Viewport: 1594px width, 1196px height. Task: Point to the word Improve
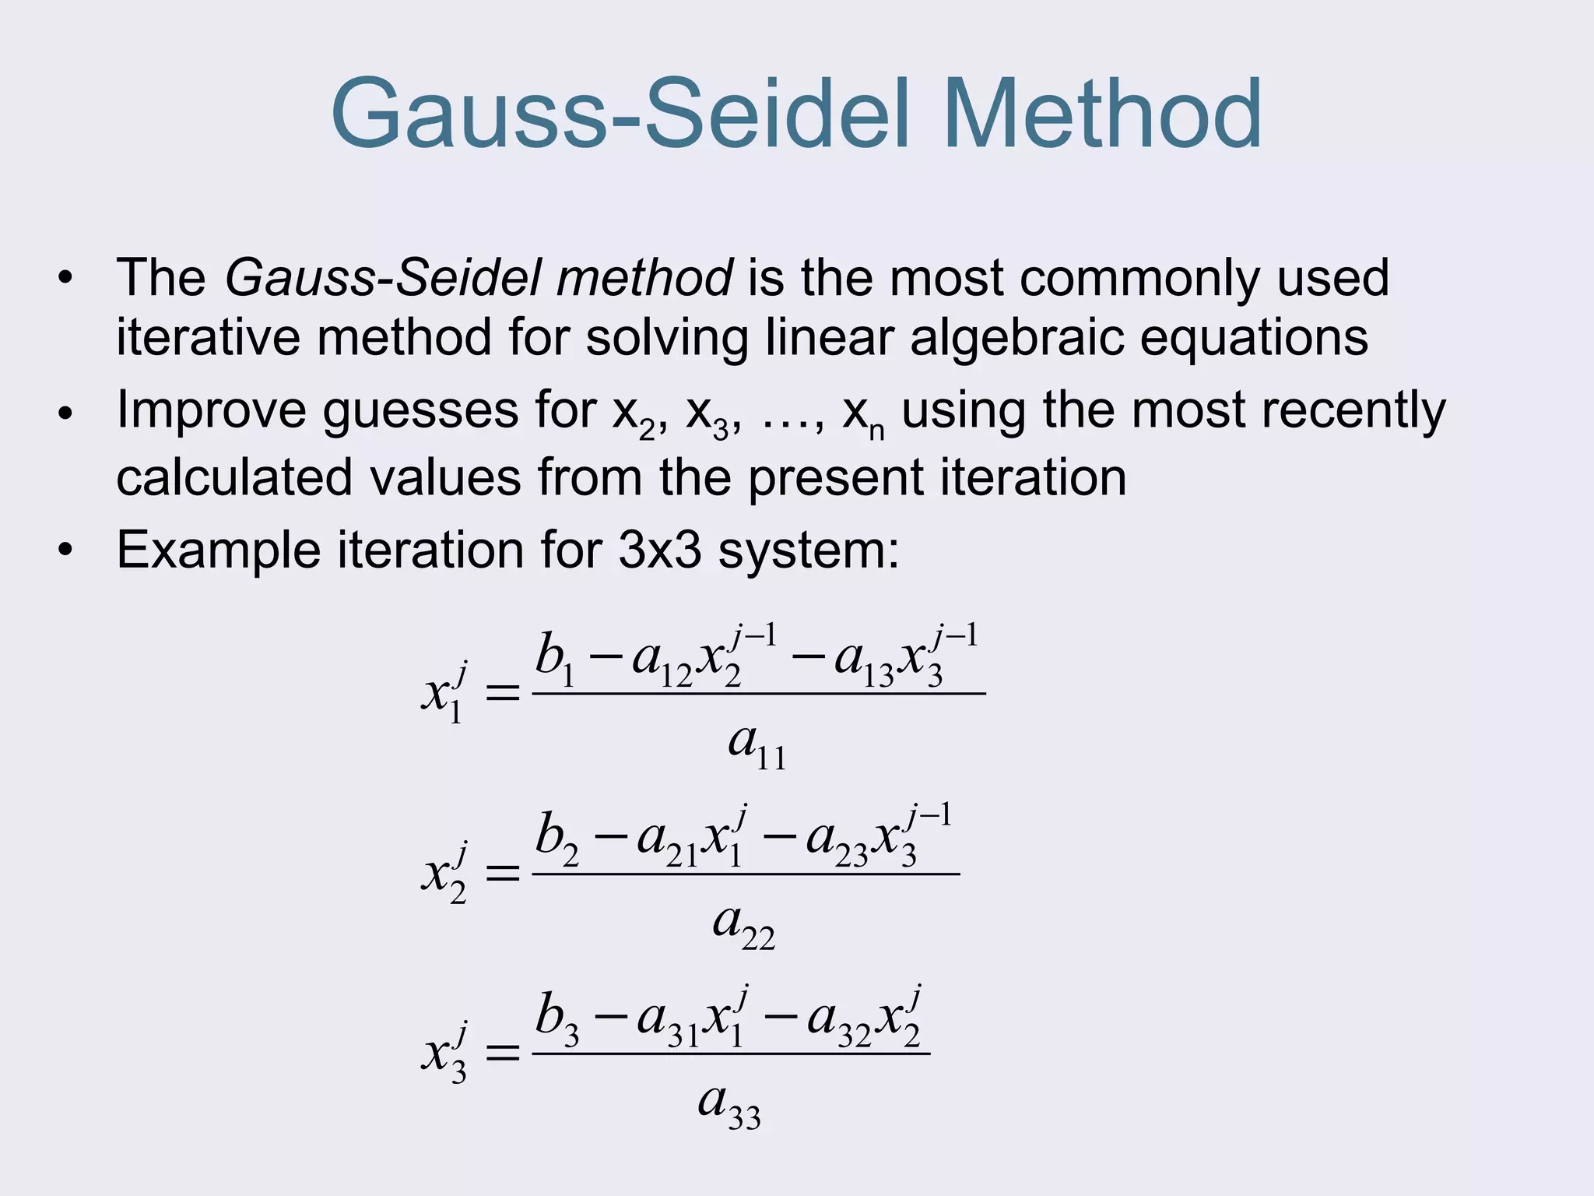coord(211,410)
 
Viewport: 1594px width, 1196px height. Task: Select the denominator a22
coord(744,925)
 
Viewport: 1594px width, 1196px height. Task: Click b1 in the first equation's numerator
coord(554,659)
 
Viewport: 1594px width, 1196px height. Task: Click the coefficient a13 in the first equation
coord(863,662)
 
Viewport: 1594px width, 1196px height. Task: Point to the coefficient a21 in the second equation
coord(666,842)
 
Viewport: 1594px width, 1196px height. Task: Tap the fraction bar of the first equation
coord(759,693)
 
